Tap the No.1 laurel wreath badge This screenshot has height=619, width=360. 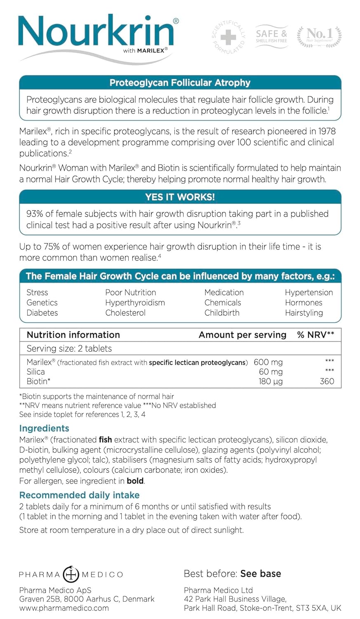320,37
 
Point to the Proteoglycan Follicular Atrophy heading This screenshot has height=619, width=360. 180,83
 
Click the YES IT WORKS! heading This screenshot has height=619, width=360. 180,197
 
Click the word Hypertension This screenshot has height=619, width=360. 308,293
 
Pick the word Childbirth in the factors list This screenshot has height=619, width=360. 222,313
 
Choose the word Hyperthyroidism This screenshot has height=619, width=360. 135,302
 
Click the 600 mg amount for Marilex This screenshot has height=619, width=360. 268,362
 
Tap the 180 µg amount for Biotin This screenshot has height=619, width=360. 271,381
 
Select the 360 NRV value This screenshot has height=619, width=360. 327,381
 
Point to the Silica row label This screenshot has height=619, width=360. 35,372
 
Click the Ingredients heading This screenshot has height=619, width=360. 44,428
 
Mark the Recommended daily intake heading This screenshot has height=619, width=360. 79,495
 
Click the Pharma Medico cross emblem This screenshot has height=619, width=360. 71,574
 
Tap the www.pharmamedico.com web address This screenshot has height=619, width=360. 64,608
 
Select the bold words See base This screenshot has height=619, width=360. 261,574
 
